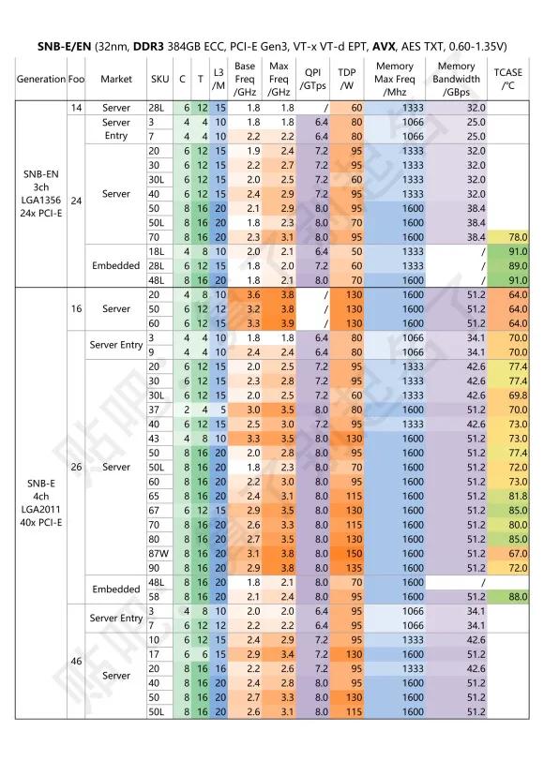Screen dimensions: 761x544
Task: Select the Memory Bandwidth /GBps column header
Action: coord(456,79)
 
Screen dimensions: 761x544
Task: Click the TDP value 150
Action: coord(349,554)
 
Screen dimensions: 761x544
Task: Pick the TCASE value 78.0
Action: coord(511,238)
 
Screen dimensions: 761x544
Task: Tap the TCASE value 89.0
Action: coord(511,266)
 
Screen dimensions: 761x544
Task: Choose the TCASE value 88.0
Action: coord(511,596)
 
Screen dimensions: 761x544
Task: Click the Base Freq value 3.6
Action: coord(246,294)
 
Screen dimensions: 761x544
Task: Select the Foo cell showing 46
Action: coord(76,662)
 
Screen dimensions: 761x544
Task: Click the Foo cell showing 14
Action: coord(76,109)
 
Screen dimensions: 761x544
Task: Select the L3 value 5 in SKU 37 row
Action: coord(219,410)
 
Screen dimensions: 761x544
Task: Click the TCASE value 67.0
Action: coord(511,554)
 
